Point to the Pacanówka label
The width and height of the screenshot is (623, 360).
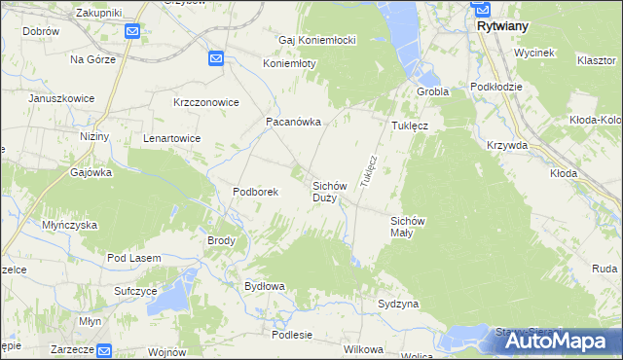288,123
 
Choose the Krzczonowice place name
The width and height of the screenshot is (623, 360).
205,102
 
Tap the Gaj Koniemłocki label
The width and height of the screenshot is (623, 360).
316,40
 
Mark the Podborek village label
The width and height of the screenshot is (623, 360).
255,192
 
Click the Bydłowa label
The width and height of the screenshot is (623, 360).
263,286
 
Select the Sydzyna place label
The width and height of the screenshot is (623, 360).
398,305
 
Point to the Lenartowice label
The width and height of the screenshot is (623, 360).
171,138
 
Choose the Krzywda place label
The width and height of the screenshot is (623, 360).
507,144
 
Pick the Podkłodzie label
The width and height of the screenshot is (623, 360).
495,87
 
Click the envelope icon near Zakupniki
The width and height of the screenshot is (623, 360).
133,32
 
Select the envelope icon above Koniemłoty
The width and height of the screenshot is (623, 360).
216,59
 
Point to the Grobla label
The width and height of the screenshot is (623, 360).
431,91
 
